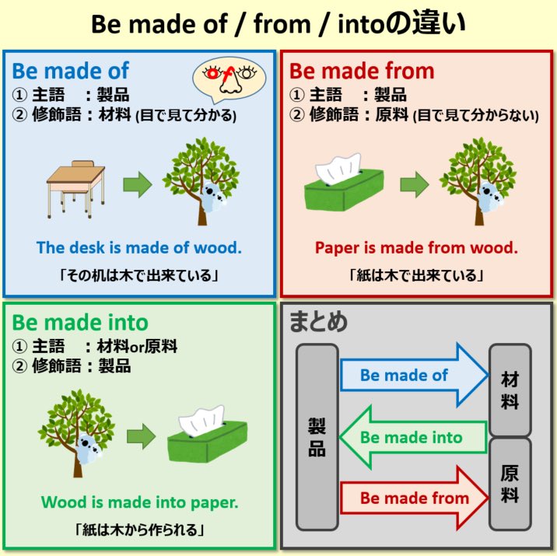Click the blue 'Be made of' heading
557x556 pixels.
70,71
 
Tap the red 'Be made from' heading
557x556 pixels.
362,71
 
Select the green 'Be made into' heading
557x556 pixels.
79,323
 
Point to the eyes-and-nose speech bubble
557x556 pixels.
229,76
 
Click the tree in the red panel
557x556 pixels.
477,177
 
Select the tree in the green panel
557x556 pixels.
75,427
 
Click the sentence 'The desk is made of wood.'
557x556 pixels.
139,248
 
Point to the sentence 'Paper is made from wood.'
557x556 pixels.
416,248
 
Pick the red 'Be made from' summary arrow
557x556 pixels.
412,498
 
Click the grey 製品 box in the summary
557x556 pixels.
317,437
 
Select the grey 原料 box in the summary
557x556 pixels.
510,483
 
